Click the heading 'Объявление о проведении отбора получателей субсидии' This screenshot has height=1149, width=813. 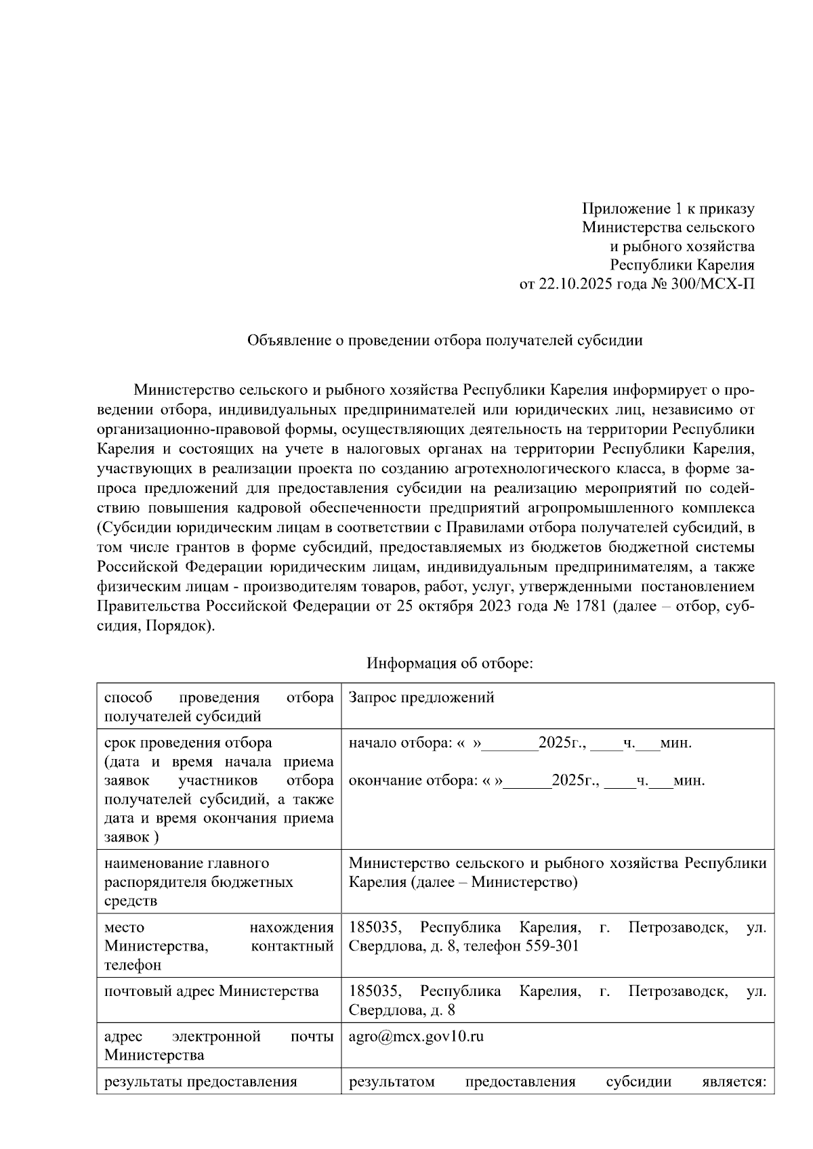444,341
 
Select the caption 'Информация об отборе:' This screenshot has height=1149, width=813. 450,663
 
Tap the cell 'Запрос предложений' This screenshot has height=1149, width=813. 421,697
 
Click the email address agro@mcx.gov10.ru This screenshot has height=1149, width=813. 416,1037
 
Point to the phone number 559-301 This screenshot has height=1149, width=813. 552,945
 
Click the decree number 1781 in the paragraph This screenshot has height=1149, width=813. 589,605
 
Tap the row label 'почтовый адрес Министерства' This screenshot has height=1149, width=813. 211,991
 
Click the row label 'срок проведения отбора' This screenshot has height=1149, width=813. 188,743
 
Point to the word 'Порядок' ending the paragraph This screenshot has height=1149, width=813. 185,625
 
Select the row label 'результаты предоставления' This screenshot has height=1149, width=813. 201,1081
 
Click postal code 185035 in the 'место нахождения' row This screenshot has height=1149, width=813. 373,927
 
